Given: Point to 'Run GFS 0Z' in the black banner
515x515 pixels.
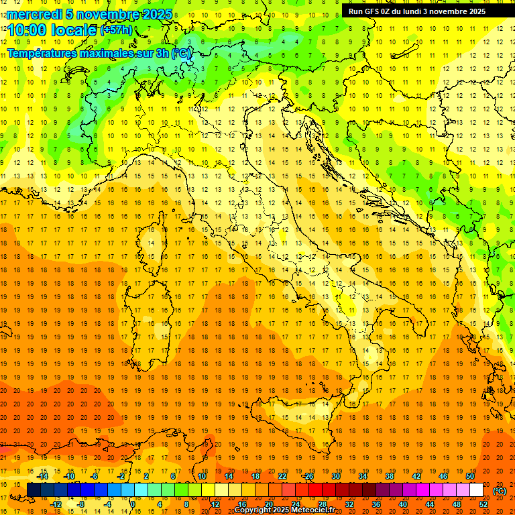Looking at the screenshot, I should pyautogui.click(x=371, y=11).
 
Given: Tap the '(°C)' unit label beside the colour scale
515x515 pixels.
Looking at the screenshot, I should pyautogui.click(x=500, y=491).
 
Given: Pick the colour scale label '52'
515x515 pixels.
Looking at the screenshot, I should pyautogui.click(x=483, y=504).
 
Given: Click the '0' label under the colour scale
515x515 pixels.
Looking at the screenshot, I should pyautogui.click(x=133, y=504).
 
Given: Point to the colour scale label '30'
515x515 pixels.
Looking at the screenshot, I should pyautogui.click(x=335, y=476).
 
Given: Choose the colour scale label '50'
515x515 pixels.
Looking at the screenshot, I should pyautogui.click(x=470, y=476).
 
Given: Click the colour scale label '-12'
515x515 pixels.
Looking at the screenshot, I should pyautogui.click(x=56, y=504).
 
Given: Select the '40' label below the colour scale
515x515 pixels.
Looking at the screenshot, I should pyautogui.click(x=403, y=504).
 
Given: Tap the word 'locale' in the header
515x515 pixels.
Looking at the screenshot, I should pyautogui.click(x=73, y=30).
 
